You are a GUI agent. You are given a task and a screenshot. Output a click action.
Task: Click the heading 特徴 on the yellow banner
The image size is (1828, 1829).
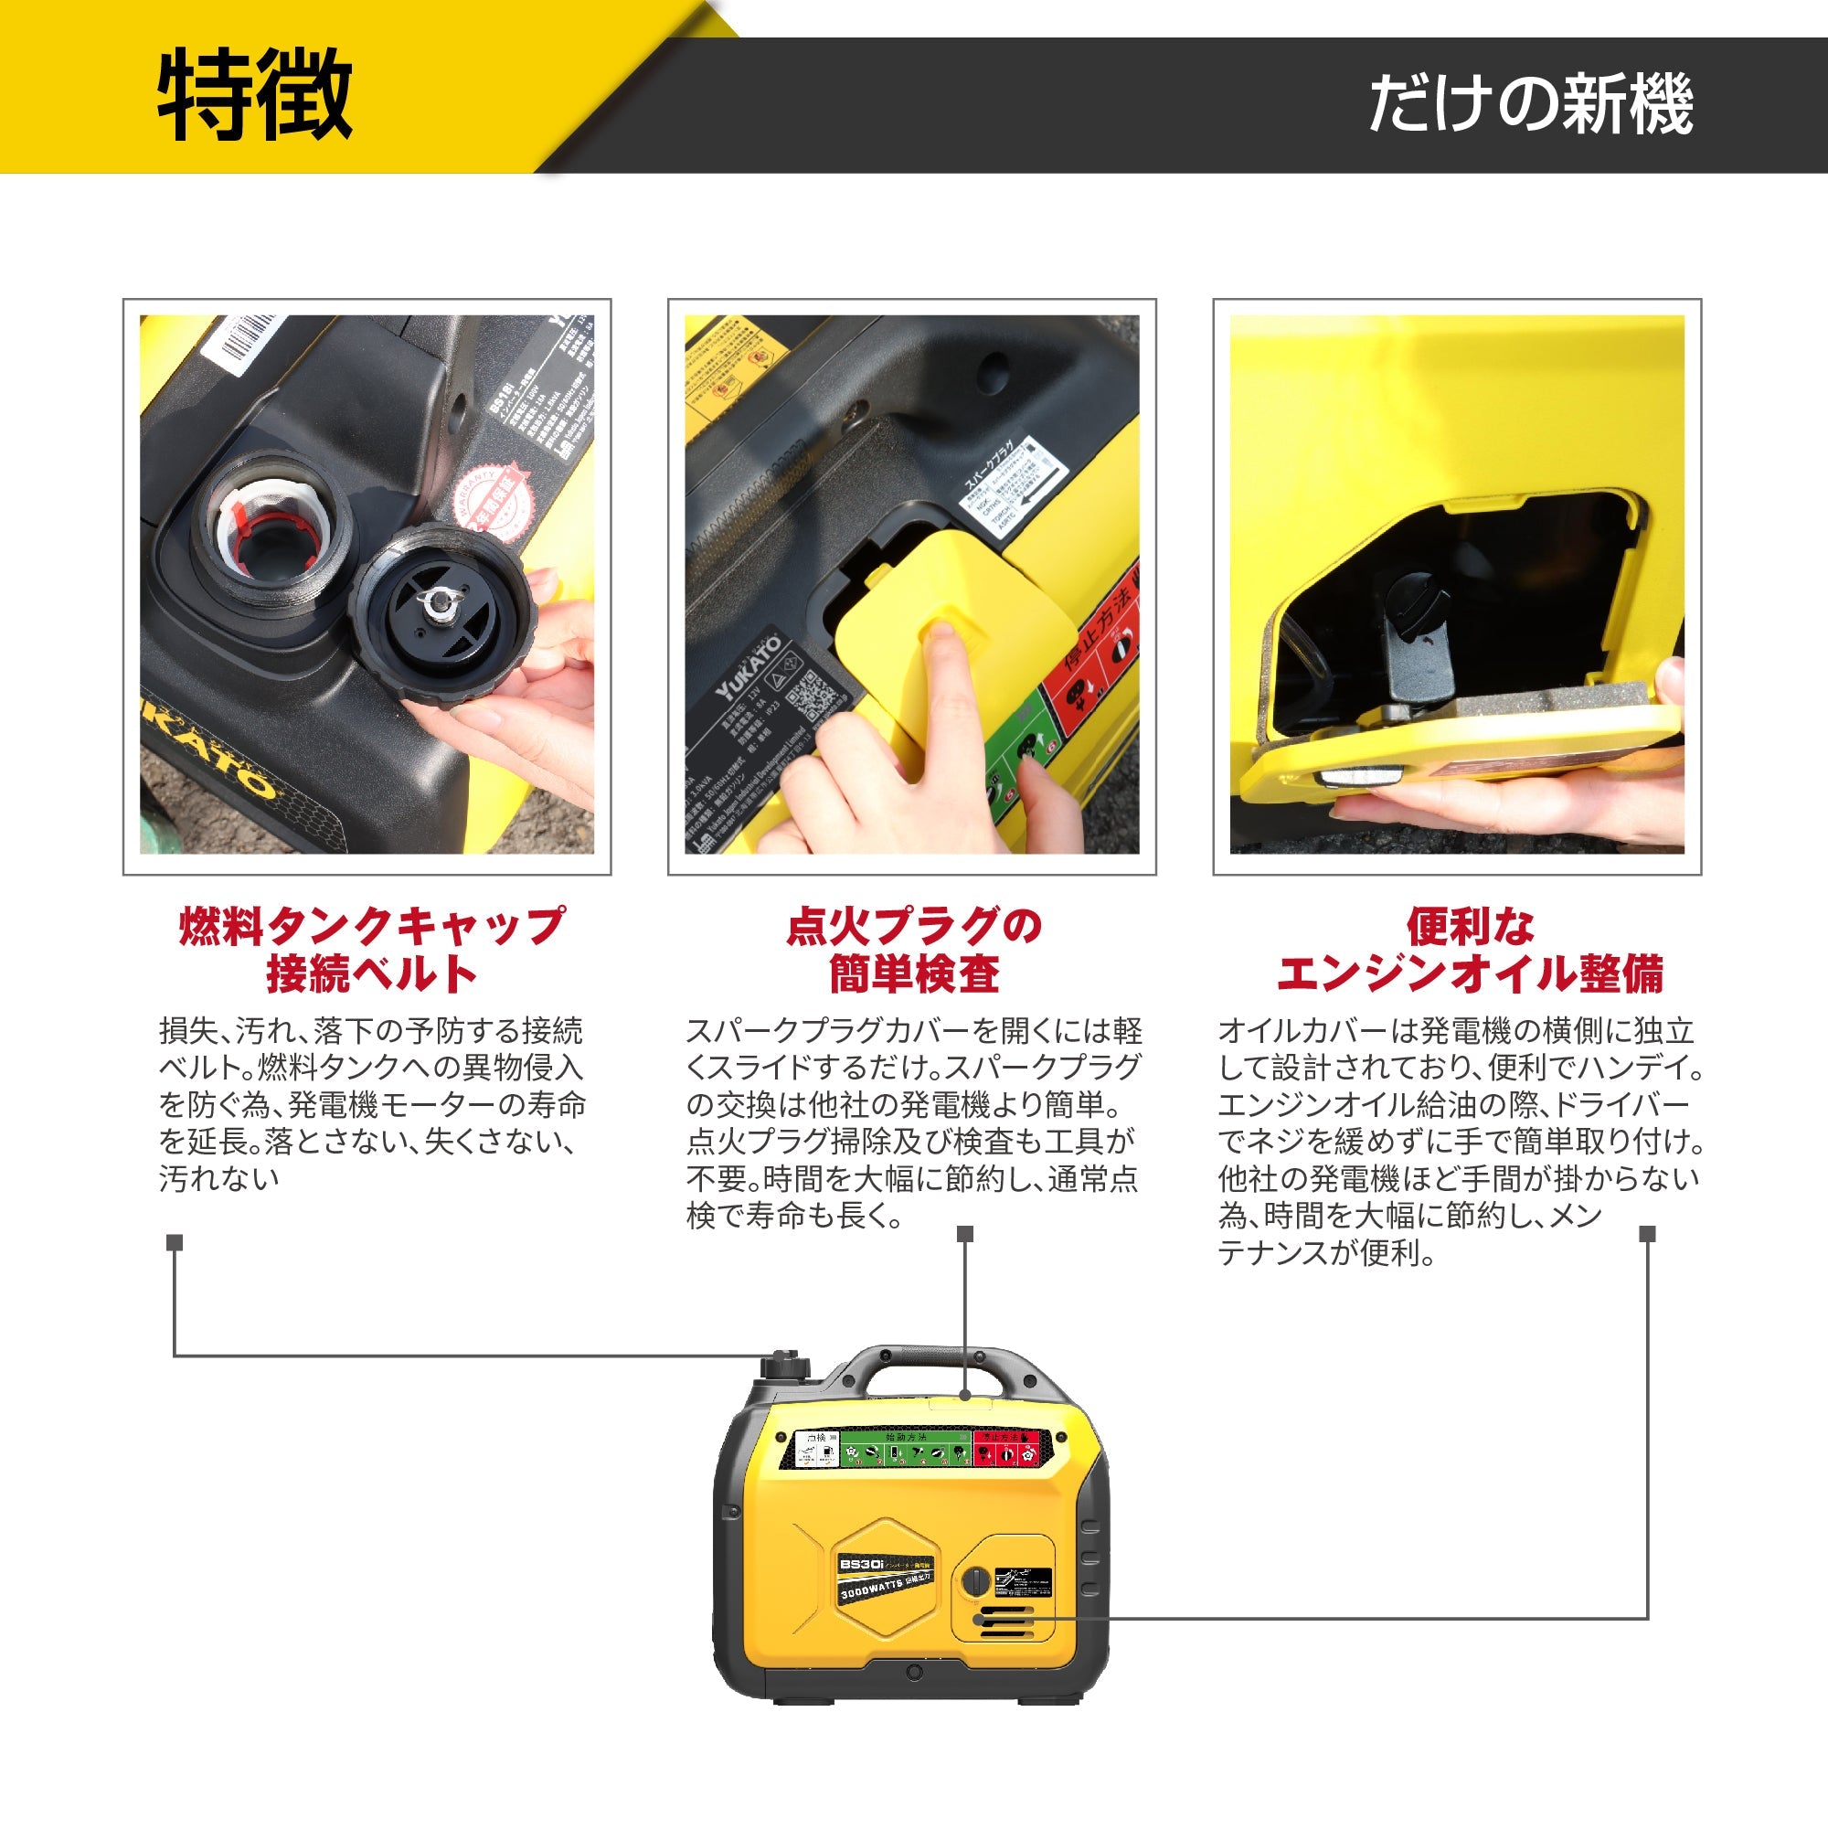(x=255, y=96)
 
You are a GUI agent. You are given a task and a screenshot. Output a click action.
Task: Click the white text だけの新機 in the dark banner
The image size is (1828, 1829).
(x=1530, y=103)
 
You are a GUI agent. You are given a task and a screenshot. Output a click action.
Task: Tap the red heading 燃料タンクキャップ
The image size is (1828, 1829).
(x=371, y=925)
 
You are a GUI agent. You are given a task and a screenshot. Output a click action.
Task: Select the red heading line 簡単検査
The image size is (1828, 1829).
(x=913, y=974)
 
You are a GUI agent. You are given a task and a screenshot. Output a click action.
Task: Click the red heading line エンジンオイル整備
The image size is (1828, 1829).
(x=1469, y=974)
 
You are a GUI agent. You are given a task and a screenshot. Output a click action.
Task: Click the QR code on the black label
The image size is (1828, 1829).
(x=813, y=697)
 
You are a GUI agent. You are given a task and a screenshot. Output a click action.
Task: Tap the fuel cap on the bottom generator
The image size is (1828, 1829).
(x=785, y=1369)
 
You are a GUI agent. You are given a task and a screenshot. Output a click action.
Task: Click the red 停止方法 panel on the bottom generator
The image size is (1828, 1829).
(x=1006, y=1450)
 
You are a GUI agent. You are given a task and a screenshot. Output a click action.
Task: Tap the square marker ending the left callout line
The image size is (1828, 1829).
(x=175, y=1242)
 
